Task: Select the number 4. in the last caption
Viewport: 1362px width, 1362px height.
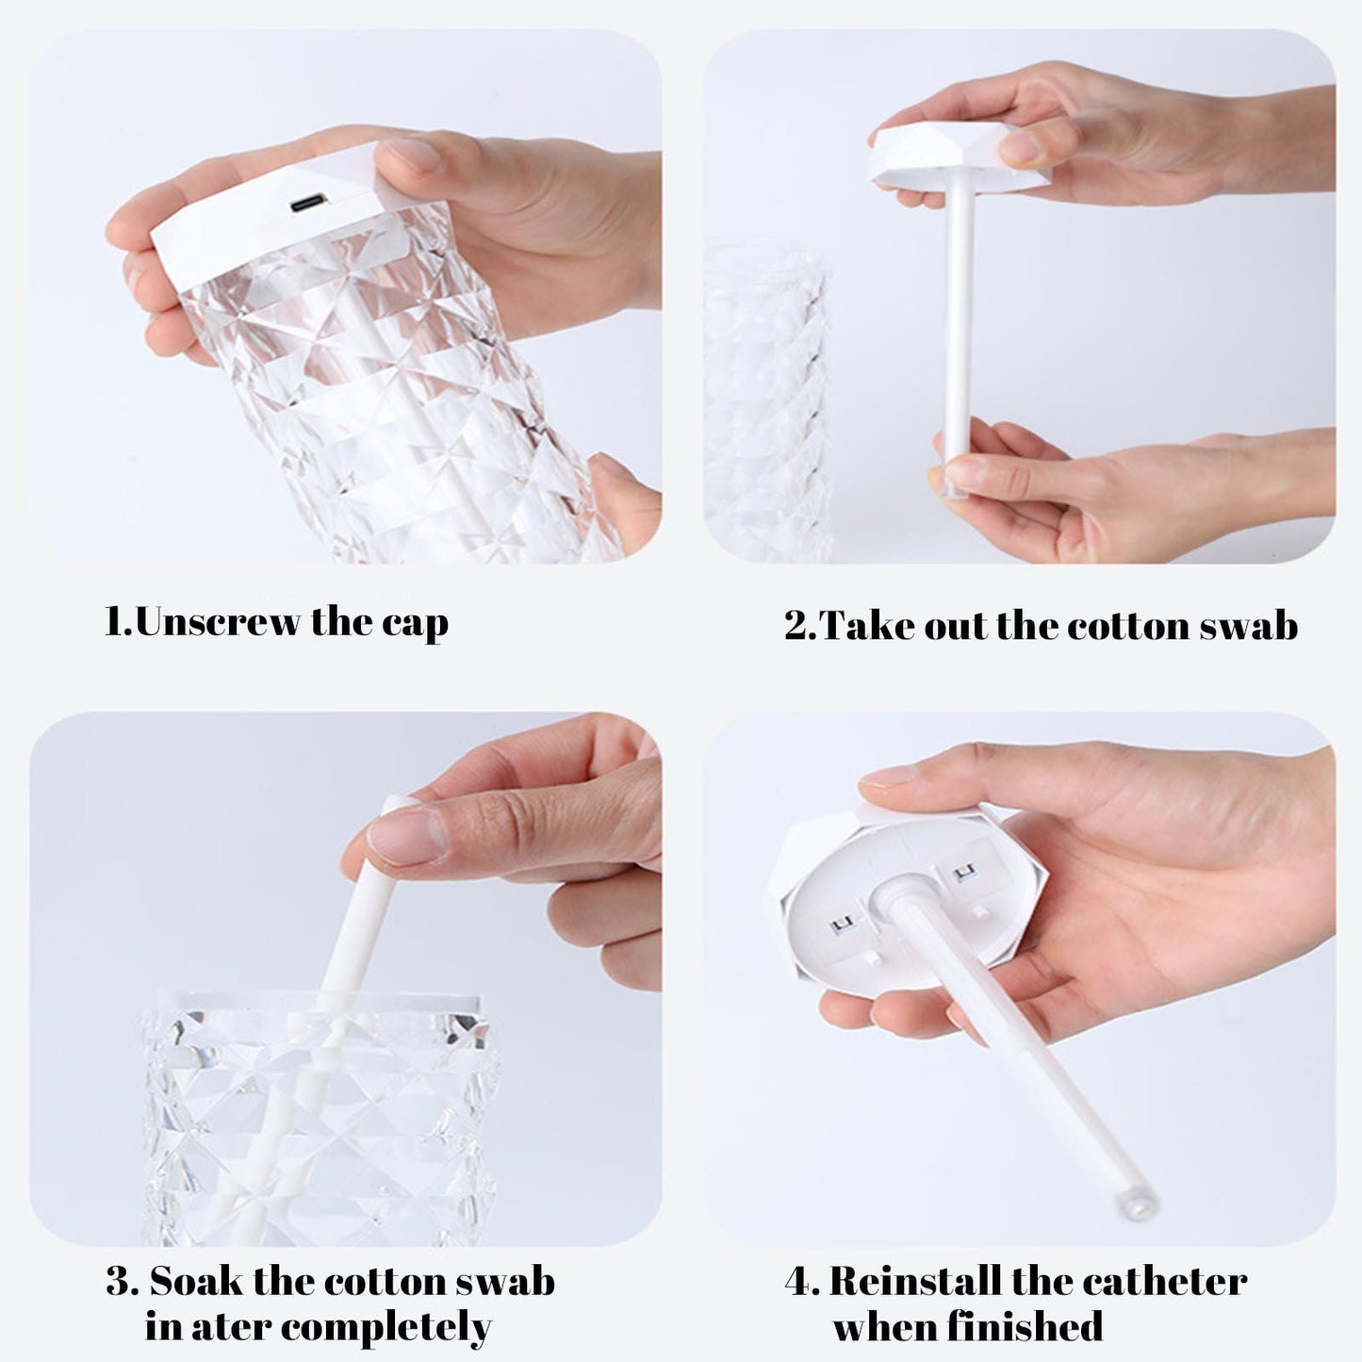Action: coord(801,1282)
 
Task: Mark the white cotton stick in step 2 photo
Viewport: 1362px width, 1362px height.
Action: coord(958,330)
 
